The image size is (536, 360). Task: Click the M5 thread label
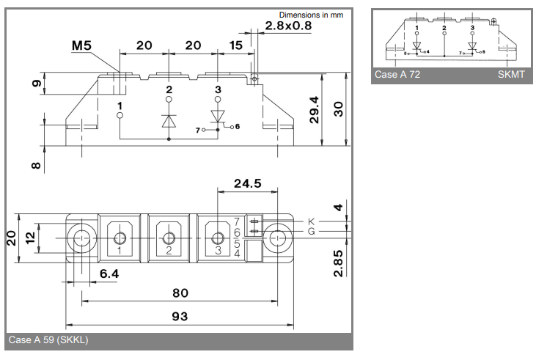82,46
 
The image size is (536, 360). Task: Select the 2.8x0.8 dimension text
288,26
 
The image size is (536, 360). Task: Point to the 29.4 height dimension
315,111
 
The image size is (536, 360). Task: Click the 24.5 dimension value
246,184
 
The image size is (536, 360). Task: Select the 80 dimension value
179,293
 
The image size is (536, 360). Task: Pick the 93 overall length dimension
179,317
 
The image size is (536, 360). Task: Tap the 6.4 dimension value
109,274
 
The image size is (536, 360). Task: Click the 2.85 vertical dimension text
337,263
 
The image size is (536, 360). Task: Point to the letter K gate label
311,221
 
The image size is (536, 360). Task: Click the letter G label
311,232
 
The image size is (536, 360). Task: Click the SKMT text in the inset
511,75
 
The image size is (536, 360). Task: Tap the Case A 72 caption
397,75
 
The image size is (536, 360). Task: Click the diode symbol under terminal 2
169,120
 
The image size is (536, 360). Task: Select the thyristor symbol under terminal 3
218,117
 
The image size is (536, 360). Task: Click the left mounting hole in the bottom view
81,238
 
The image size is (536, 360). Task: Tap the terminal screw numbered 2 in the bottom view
169,238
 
